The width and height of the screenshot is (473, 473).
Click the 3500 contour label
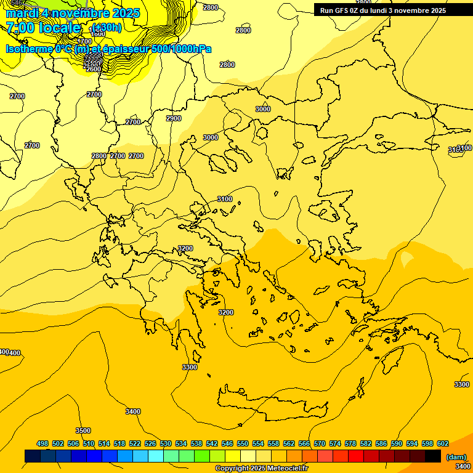(83, 431)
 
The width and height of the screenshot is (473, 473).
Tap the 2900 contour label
(174, 118)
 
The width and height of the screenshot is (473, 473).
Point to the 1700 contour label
(84, 41)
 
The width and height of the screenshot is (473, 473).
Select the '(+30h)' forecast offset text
(107, 28)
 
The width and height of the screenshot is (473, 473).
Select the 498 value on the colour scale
(42, 443)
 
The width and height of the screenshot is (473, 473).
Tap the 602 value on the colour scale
(443, 443)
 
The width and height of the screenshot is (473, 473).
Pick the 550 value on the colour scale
(243, 443)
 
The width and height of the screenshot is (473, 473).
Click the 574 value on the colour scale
(335, 443)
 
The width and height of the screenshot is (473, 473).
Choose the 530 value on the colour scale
(166, 443)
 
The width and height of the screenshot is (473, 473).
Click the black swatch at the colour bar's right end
(433, 456)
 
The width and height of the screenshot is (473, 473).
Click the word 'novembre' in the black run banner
(413, 10)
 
